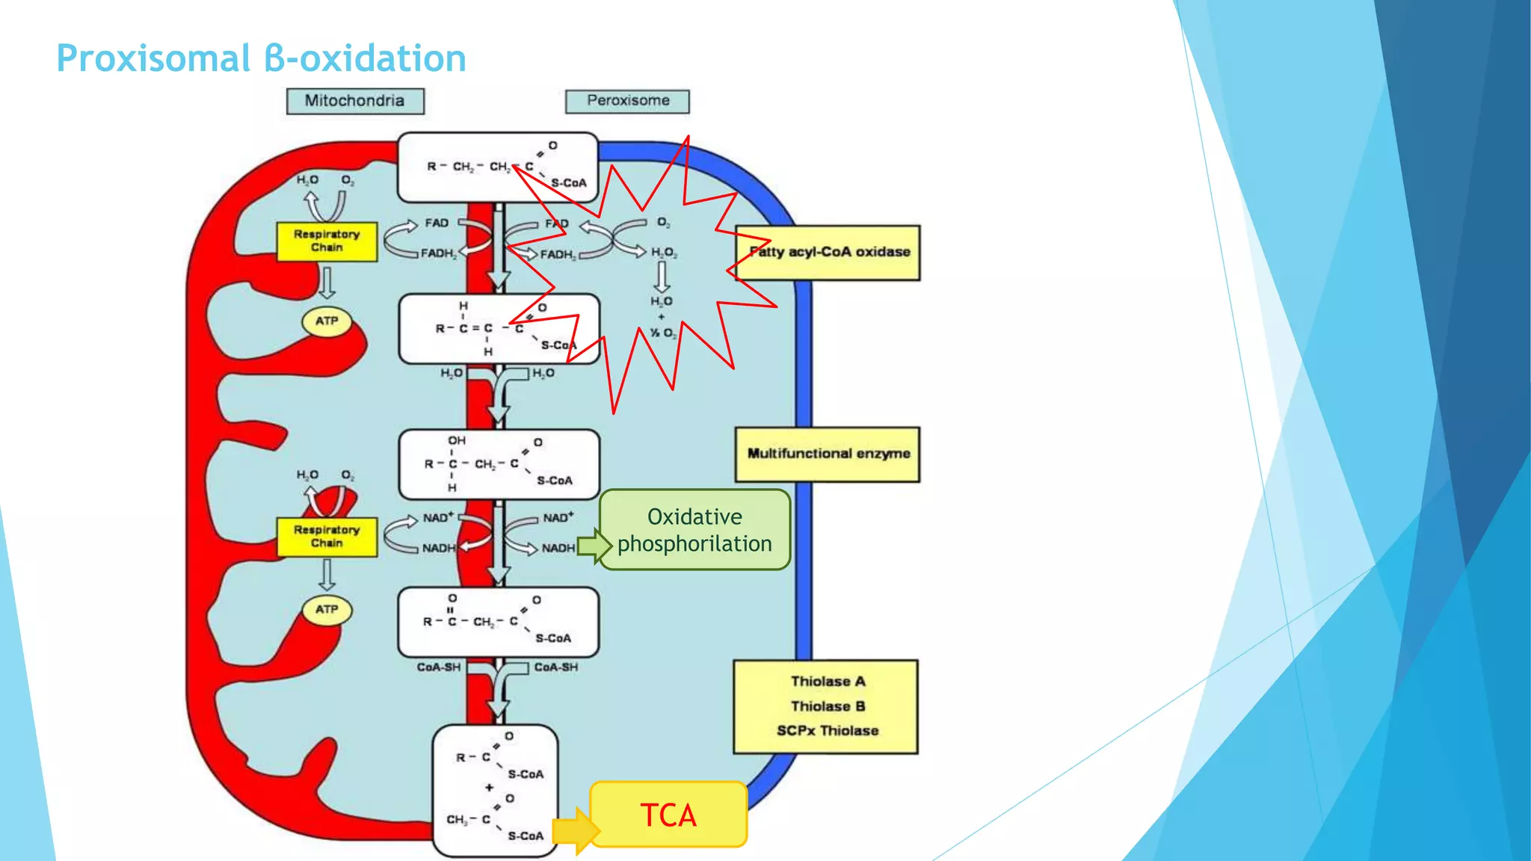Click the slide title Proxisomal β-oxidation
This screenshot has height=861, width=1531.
(261, 58)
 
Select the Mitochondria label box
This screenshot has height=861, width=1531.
(355, 101)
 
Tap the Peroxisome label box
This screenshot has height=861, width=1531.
(627, 101)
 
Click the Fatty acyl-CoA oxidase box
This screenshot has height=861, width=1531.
(828, 253)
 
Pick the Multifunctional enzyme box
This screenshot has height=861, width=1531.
(828, 454)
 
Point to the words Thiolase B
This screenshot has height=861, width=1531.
(828, 706)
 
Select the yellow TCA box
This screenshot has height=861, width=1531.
(668, 815)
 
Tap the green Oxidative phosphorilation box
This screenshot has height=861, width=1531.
(694, 530)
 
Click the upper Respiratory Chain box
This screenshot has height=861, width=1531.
(327, 241)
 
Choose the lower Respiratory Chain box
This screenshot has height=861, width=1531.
(327, 536)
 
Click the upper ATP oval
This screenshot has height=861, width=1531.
(327, 321)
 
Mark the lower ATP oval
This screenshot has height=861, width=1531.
(327, 609)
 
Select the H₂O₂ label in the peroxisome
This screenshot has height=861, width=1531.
(663, 253)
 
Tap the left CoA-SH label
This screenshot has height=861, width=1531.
(438, 667)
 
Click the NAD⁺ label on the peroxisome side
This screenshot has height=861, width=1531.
(558, 517)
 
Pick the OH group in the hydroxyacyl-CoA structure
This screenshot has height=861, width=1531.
(456, 441)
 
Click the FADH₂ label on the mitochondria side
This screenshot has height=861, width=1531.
(438, 253)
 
